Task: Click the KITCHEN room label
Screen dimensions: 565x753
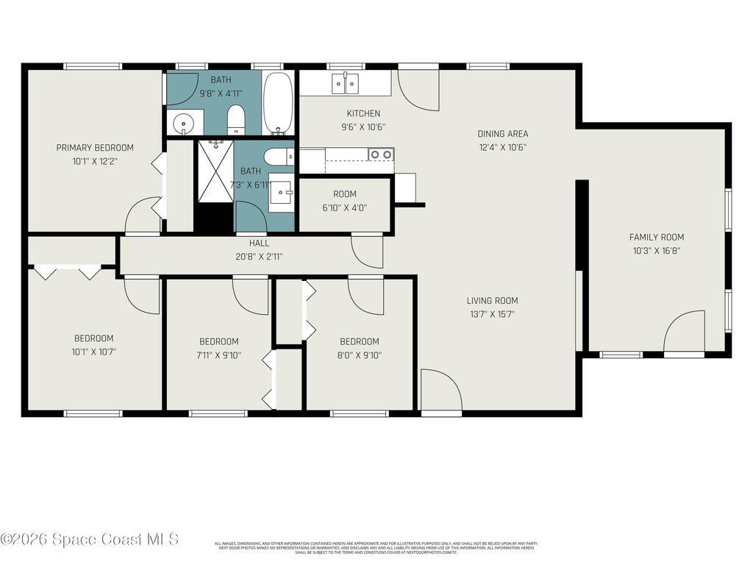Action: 363,113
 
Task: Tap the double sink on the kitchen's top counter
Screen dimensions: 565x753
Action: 345,84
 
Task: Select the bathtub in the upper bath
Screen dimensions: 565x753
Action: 279,103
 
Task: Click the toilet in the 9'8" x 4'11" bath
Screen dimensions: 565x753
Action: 236,118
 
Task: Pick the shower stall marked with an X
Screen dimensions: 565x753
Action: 215,172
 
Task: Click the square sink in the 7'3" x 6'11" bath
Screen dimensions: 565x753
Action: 280,193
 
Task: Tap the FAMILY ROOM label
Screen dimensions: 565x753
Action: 656,237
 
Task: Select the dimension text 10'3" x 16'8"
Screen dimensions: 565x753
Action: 656,251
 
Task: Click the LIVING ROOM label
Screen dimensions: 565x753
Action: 492,300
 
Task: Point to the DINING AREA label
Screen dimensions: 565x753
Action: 502,134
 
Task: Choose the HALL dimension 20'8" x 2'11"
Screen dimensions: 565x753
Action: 259,257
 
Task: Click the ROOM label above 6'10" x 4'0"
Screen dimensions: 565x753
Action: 344,194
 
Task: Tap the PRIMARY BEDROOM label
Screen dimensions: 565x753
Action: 95,148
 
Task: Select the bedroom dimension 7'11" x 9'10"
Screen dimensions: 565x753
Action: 218,355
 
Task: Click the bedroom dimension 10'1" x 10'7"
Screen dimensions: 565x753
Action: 93,352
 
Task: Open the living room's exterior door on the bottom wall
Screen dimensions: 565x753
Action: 441,391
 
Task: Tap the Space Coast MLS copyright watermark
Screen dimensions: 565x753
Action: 90,539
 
